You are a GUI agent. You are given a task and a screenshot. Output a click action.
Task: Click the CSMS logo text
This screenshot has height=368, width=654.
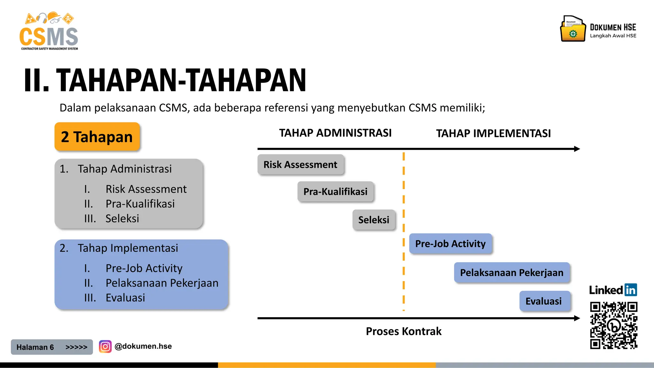click(49, 37)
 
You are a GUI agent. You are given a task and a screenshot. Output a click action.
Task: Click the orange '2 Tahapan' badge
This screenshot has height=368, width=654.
click(97, 137)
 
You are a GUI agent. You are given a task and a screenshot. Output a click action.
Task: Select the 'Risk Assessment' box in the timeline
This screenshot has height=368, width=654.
click(300, 165)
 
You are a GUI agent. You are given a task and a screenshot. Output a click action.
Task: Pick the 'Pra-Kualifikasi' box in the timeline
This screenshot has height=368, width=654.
click(335, 192)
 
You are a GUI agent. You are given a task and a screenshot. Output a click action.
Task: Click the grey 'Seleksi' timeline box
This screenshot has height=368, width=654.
click(374, 220)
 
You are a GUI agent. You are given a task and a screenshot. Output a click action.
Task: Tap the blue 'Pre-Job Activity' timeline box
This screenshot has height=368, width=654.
click(450, 244)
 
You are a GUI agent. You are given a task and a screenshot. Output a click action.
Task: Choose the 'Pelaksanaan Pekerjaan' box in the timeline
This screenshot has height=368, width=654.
click(512, 272)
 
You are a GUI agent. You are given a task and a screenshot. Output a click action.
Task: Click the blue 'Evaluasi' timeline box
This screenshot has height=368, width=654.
click(544, 301)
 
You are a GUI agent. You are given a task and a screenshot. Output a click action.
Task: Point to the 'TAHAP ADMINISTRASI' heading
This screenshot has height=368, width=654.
click(335, 133)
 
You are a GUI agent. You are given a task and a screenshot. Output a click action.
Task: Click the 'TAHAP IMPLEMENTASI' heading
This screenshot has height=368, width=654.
click(493, 134)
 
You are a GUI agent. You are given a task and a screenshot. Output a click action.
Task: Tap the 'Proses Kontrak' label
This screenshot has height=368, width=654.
click(404, 331)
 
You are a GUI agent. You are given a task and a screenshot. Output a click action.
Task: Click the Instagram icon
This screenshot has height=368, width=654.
click(105, 346)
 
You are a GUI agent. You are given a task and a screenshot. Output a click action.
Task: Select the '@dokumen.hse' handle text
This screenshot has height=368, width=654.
click(143, 346)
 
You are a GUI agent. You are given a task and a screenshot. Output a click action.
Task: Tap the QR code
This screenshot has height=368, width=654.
click(613, 325)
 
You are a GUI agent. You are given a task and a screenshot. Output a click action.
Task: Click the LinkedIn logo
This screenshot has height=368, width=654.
click(613, 290)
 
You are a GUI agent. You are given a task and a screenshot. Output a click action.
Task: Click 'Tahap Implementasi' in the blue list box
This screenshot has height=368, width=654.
click(128, 248)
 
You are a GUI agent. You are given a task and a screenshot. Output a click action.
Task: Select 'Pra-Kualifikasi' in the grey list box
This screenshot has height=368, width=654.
click(140, 204)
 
